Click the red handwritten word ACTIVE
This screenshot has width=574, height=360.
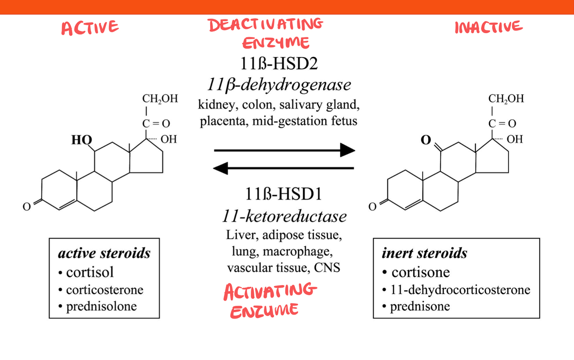point(90,28)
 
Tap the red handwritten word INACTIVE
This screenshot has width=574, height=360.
point(489,27)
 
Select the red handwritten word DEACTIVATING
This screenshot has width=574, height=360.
point(265,25)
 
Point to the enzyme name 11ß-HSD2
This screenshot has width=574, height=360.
point(279,64)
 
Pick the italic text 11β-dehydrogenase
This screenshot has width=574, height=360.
point(279,85)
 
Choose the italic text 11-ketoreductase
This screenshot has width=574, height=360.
point(284,216)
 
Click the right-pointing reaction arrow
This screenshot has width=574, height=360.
point(284,150)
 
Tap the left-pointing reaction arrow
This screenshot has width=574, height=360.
point(284,168)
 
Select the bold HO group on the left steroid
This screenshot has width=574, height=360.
point(81,140)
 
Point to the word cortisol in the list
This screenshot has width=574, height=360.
point(90,272)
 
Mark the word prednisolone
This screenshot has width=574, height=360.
point(102,306)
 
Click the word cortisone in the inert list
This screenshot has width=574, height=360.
point(421,272)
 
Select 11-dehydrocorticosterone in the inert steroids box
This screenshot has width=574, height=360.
point(460,290)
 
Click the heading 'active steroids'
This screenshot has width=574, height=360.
point(104,253)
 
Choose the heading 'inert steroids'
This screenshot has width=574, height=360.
point(424,253)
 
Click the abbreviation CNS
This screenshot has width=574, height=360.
point(327,267)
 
